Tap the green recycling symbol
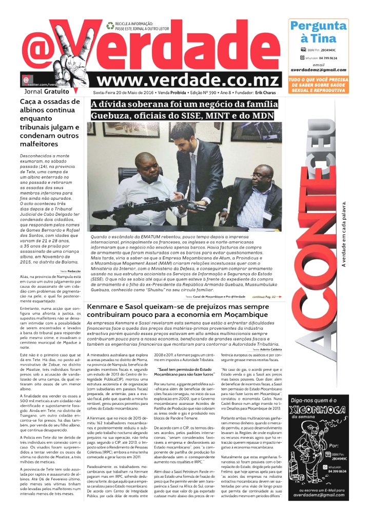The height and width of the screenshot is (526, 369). [x=110, y=25]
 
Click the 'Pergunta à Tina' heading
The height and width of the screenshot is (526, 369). [x=318, y=32]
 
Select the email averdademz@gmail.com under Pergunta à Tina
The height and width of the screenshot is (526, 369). [x=318, y=69]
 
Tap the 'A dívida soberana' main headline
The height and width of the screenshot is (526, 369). [x=185, y=110]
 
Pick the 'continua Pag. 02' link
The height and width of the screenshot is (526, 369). [x=266, y=296]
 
